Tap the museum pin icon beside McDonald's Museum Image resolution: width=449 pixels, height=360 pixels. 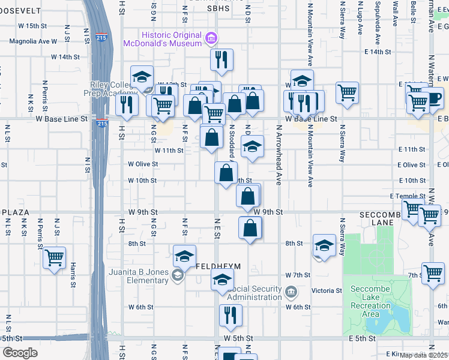coord(210,40)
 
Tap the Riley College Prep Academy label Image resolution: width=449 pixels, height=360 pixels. coord(110,89)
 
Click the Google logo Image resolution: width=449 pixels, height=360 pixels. coord(20,352)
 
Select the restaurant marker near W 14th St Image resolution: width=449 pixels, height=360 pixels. coord(221,59)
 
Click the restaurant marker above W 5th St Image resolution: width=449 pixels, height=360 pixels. coord(231,315)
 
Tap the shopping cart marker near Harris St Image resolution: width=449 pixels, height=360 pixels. coord(55,258)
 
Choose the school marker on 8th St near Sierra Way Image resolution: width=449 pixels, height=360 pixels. coord(324,245)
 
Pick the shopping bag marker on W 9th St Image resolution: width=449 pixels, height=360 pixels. coord(249,196)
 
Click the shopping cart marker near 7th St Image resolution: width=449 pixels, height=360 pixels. coord(433,273)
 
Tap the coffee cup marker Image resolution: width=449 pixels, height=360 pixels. coord(432,97)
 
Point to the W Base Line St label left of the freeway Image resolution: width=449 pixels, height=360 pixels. coord(67,119)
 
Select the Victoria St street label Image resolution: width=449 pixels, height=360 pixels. coord(327,290)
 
